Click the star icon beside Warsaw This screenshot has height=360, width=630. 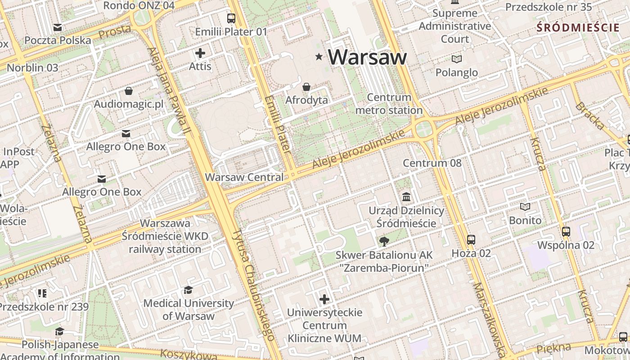319,56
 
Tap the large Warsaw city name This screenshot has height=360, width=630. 367,57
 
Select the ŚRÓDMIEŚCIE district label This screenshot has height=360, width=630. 578,27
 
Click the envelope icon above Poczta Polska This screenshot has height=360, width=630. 58,27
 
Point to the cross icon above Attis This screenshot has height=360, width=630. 200,53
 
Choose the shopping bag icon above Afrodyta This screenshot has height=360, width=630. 306,87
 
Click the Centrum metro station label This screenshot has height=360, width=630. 389,104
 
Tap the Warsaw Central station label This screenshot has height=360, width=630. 244,177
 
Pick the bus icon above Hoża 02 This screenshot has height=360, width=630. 471,240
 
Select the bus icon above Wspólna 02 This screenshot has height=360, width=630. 566,232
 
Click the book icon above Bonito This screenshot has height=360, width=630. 525,207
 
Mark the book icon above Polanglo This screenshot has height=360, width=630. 456,59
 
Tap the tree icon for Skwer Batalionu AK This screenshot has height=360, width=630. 384,242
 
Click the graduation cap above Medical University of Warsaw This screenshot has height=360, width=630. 188,290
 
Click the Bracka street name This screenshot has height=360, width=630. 589,116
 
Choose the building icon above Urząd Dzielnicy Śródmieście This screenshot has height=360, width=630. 406,197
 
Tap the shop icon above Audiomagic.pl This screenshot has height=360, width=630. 129,91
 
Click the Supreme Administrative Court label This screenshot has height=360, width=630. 454,26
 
